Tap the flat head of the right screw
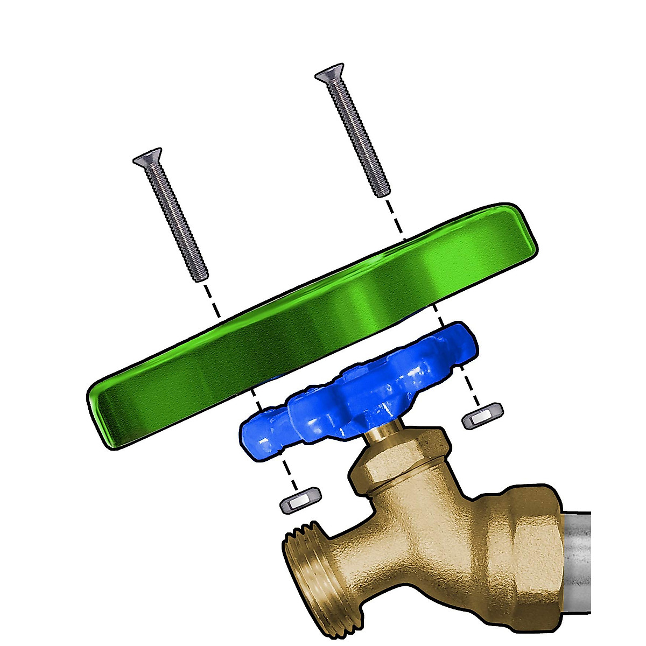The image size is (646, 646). [330, 76]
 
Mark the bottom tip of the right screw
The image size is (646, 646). [382, 192]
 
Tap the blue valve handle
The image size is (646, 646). [350, 388]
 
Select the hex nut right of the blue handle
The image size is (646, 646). [482, 416]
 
